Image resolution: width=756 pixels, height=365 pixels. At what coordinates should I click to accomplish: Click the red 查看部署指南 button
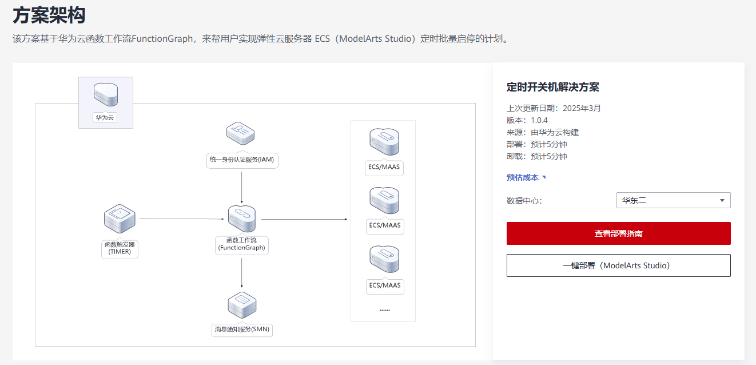tap(618, 233)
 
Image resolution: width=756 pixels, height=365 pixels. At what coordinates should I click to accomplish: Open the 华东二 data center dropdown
tap(673, 200)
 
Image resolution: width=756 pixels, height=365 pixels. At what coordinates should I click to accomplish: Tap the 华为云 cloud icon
tap(106, 94)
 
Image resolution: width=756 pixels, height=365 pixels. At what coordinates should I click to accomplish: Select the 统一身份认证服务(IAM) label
tap(242, 160)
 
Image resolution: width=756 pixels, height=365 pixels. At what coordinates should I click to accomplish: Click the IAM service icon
tap(240, 133)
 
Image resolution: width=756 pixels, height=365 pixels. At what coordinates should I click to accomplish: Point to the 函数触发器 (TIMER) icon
tap(120, 219)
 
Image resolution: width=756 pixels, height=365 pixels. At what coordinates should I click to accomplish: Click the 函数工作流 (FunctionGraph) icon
tap(242, 219)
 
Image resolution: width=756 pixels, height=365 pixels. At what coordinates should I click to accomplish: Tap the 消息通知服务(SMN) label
tap(242, 329)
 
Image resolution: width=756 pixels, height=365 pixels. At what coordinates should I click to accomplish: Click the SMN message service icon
tap(242, 305)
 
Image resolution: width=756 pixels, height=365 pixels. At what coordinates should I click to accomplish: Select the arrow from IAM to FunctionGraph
tap(242, 188)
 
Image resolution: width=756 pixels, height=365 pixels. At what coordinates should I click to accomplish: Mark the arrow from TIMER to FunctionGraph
tap(182, 219)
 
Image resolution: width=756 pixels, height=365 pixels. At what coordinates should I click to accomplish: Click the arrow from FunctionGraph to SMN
tap(242, 273)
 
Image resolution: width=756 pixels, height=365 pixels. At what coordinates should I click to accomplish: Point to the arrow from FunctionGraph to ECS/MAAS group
tap(304, 219)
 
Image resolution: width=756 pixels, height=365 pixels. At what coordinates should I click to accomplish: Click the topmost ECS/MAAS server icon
tap(384, 142)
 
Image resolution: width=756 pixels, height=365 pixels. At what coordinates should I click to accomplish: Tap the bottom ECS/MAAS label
tap(385, 285)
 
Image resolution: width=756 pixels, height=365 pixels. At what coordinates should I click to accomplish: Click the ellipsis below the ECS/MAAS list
tap(385, 310)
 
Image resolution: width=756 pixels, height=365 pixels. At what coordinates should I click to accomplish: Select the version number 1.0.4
tap(539, 120)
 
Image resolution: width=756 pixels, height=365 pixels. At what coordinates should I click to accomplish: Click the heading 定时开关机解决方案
tap(553, 87)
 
